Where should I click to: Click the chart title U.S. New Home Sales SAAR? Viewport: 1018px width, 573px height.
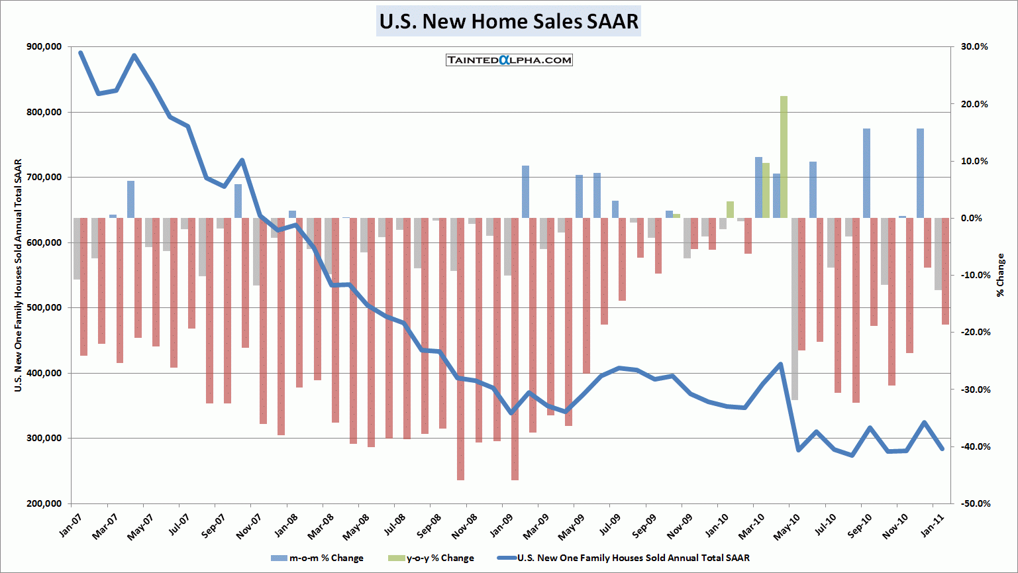point(509,21)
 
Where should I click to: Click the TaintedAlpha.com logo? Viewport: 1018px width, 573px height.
point(509,60)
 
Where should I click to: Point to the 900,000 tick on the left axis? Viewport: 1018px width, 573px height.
point(44,47)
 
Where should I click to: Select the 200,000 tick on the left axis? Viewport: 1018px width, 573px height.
point(44,503)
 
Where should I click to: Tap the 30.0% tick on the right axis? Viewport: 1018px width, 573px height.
point(974,47)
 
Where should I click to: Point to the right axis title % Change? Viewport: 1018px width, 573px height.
point(1000,274)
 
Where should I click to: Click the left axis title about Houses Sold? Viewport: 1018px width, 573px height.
point(19,275)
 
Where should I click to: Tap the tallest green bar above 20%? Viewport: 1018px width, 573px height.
point(784,156)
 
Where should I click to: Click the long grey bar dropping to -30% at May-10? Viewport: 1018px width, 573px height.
point(795,309)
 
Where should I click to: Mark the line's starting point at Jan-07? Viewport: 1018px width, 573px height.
point(81,53)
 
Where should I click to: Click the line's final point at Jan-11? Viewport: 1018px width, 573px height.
point(942,448)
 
